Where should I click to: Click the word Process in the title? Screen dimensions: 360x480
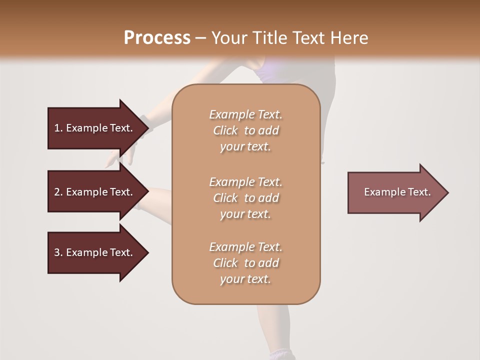[x=157, y=38]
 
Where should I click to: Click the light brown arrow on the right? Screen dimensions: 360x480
[x=395, y=192]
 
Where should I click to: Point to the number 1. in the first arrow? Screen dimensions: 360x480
[x=58, y=128]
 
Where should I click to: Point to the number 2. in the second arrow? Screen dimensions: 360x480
[x=58, y=192]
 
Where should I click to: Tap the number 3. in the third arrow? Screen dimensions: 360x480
[x=58, y=252]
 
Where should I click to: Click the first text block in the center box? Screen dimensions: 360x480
[x=245, y=130]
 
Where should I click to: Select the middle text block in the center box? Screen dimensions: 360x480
[x=245, y=198]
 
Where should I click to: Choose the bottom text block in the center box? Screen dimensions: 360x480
[x=245, y=263]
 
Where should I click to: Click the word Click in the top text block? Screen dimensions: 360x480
[x=225, y=130]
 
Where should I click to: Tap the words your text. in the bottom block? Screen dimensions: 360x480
[x=245, y=279]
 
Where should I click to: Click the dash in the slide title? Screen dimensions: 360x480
[x=200, y=38]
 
